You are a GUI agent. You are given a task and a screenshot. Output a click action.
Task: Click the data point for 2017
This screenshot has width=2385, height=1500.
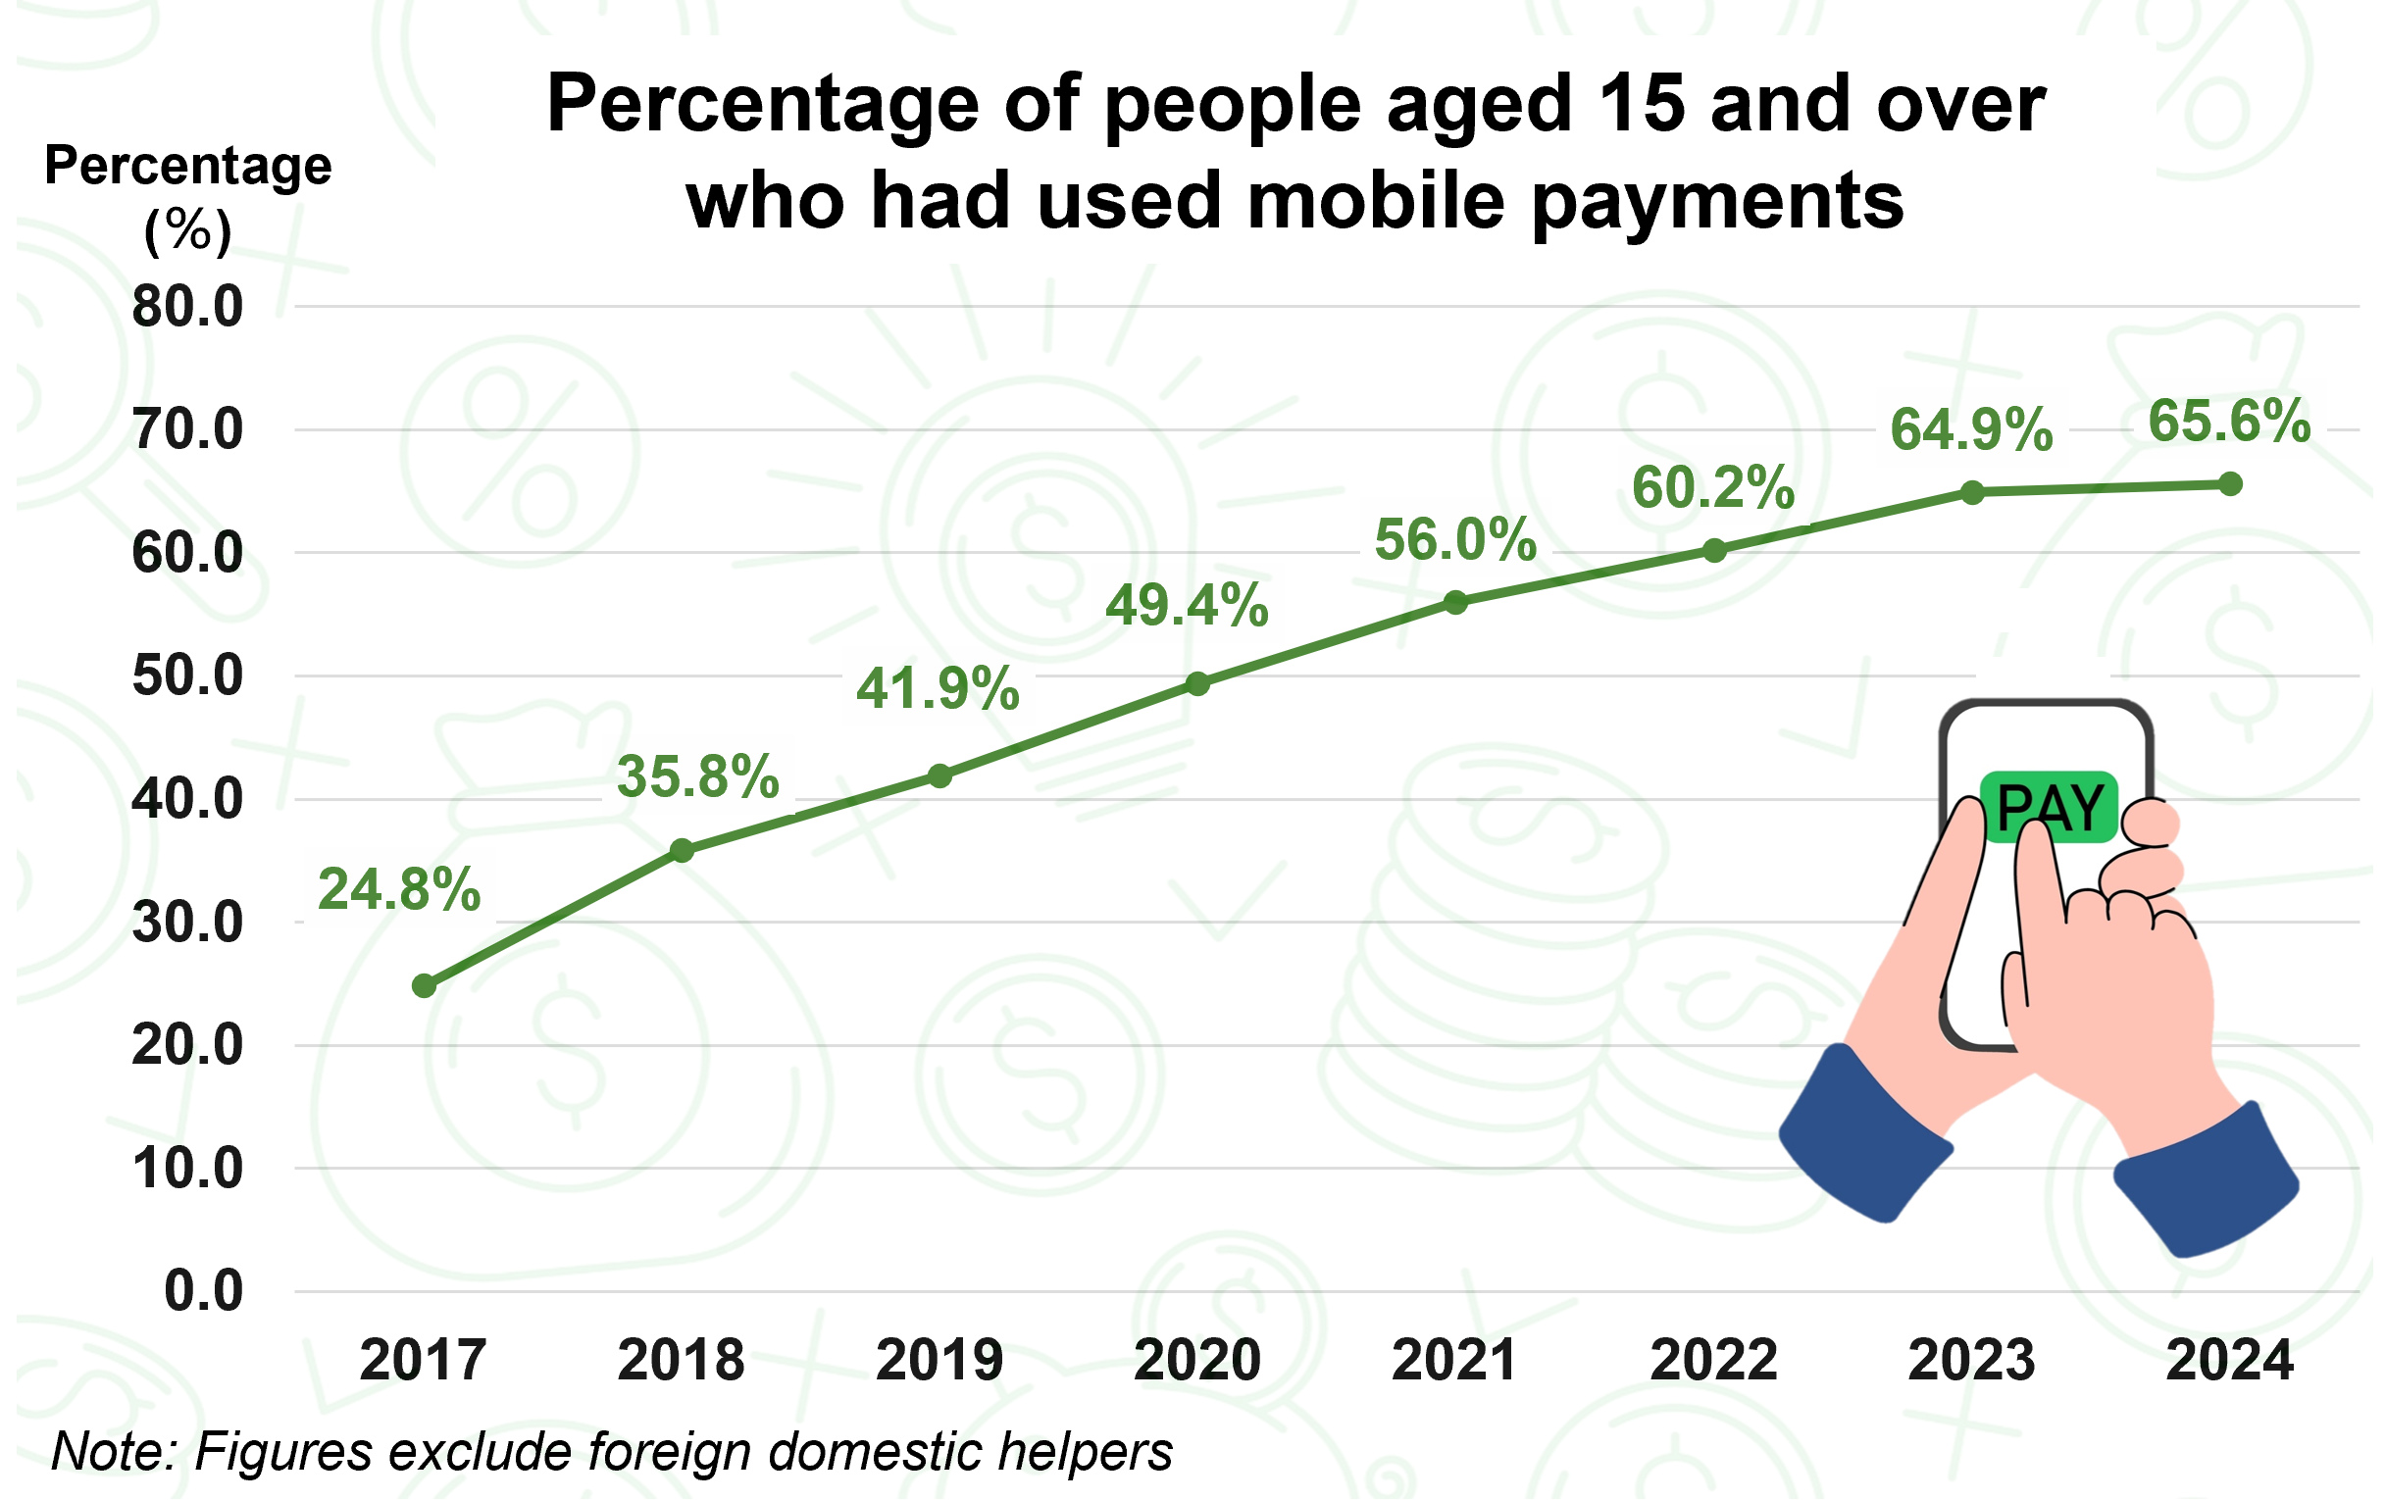coord(424,986)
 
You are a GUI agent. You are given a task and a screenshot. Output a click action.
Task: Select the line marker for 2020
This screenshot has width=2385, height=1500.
coord(1197,684)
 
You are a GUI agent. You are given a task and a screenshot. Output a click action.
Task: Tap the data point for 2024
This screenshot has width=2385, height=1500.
coord(2230,484)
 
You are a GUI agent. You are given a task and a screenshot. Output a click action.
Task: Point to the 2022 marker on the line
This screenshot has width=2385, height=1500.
coord(1714,552)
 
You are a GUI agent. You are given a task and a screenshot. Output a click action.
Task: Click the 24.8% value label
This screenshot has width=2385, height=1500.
coord(399,889)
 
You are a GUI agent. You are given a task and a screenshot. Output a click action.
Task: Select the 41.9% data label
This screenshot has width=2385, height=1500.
coord(937,688)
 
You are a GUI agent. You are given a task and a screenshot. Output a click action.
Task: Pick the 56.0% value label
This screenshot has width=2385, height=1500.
coord(1455,540)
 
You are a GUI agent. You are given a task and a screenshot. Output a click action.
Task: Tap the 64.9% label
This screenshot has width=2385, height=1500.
coord(1971,429)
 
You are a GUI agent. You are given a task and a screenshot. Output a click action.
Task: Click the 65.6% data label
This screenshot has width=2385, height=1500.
coord(2229,421)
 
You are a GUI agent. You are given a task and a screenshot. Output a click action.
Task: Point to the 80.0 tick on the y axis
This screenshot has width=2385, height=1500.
coord(187,307)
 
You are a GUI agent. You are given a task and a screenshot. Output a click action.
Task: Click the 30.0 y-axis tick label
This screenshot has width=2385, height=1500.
coord(187,923)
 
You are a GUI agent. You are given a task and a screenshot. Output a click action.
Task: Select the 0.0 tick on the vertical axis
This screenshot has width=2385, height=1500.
coord(203,1291)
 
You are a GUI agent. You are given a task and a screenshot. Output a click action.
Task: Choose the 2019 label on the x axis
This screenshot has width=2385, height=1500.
coord(939,1361)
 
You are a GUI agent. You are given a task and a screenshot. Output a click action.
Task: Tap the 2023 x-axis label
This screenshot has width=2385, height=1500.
coord(1971,1361)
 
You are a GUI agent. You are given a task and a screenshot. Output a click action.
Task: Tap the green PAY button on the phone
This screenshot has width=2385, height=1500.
coord(2049,808)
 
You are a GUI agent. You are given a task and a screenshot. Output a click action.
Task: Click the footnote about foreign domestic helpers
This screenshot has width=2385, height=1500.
coord(611,1452)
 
